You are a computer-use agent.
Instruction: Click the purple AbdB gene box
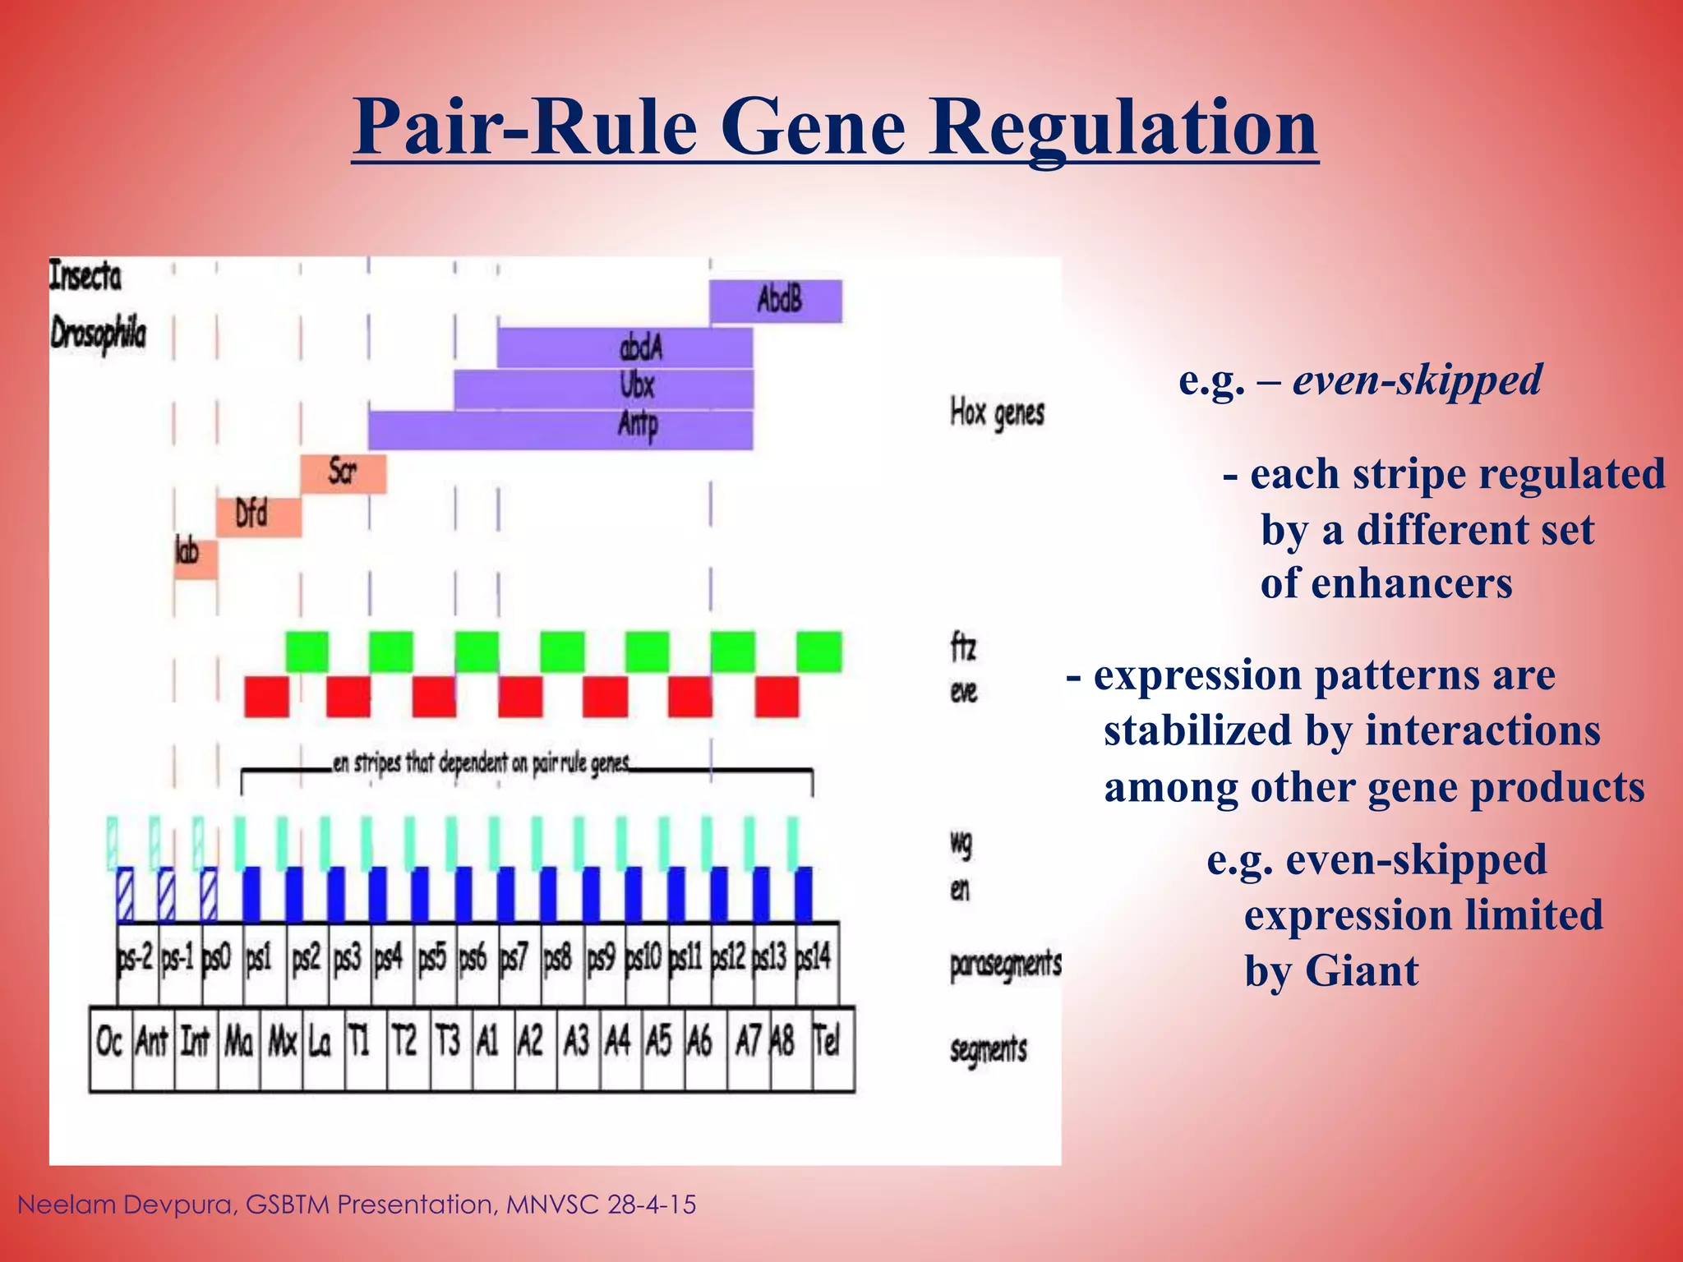pos(776,301)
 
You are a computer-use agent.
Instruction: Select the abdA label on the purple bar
pos(640,348)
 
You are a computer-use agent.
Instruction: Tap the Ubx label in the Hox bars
pos(637,386)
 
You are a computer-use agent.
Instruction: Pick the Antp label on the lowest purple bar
pos(638,426)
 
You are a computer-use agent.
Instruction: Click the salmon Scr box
pos(343,472)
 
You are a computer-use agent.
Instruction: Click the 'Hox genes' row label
pos(996,413)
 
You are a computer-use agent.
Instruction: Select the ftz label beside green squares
pos(962,648)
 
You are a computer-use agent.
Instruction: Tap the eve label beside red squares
pos(963,693)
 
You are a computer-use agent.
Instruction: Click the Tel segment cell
pos(829,1043)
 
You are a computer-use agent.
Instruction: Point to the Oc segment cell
pos(109,1043)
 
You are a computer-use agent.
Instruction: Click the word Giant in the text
pos(1360,972)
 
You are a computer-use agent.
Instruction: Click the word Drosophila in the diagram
pos(99,334)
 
